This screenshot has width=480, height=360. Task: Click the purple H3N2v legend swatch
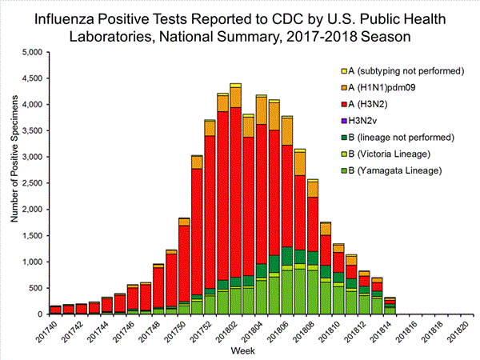[345, 121]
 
